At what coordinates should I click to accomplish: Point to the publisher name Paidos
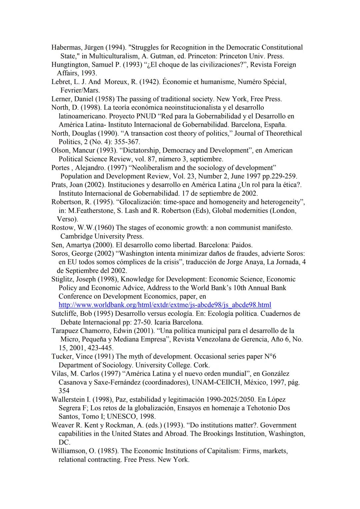[x=241, y=245]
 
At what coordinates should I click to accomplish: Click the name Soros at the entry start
[x=60, y=253]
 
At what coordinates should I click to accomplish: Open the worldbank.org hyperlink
[x=165, y=305]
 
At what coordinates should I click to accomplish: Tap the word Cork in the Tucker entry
[x=202, y=365]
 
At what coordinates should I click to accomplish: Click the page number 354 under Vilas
[x=64, y=391]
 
